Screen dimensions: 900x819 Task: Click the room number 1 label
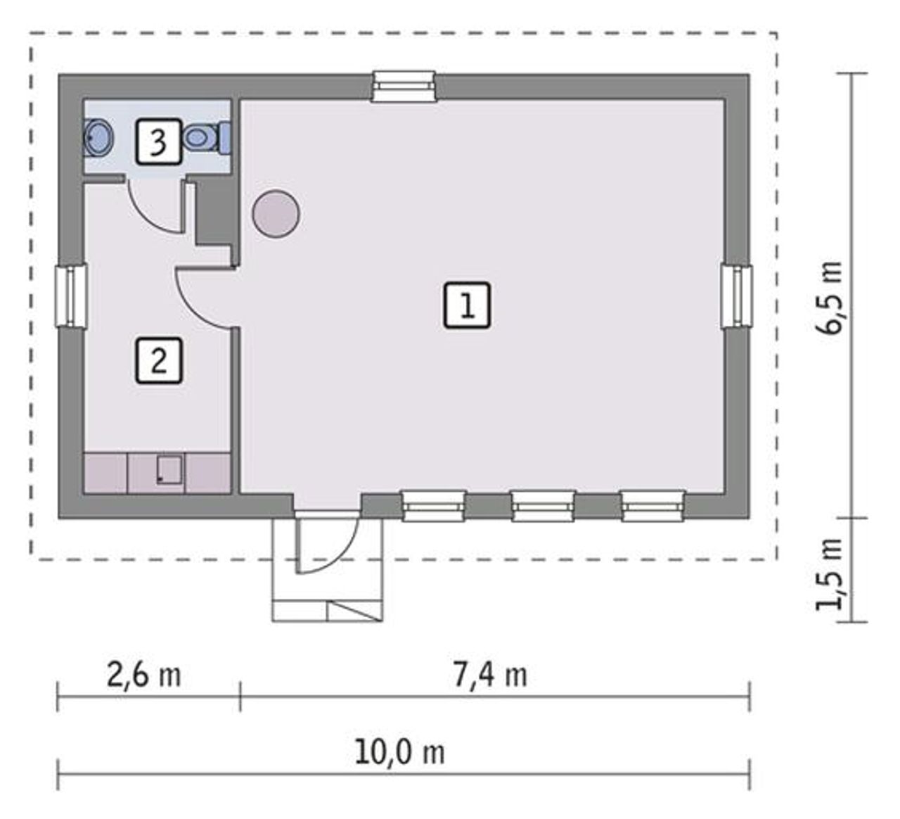[x=467, y=305]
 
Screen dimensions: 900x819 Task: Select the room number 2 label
[x=159, y=361]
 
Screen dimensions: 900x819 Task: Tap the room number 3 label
[x=159, y=141]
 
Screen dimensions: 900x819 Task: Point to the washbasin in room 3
[x=98, y=138]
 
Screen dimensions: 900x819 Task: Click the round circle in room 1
[x=276, y=214]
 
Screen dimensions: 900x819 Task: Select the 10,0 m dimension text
[x=400, y=753]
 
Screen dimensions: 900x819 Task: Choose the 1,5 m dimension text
[x=828, y=573]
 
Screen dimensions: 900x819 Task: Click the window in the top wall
[x=404, y=87]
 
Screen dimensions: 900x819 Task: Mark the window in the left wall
[x=71, y=296]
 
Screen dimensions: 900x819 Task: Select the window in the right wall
[x=737, y=297]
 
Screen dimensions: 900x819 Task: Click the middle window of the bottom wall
[x=543, y=507]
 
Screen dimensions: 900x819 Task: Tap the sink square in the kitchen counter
[x=169, y=470]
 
